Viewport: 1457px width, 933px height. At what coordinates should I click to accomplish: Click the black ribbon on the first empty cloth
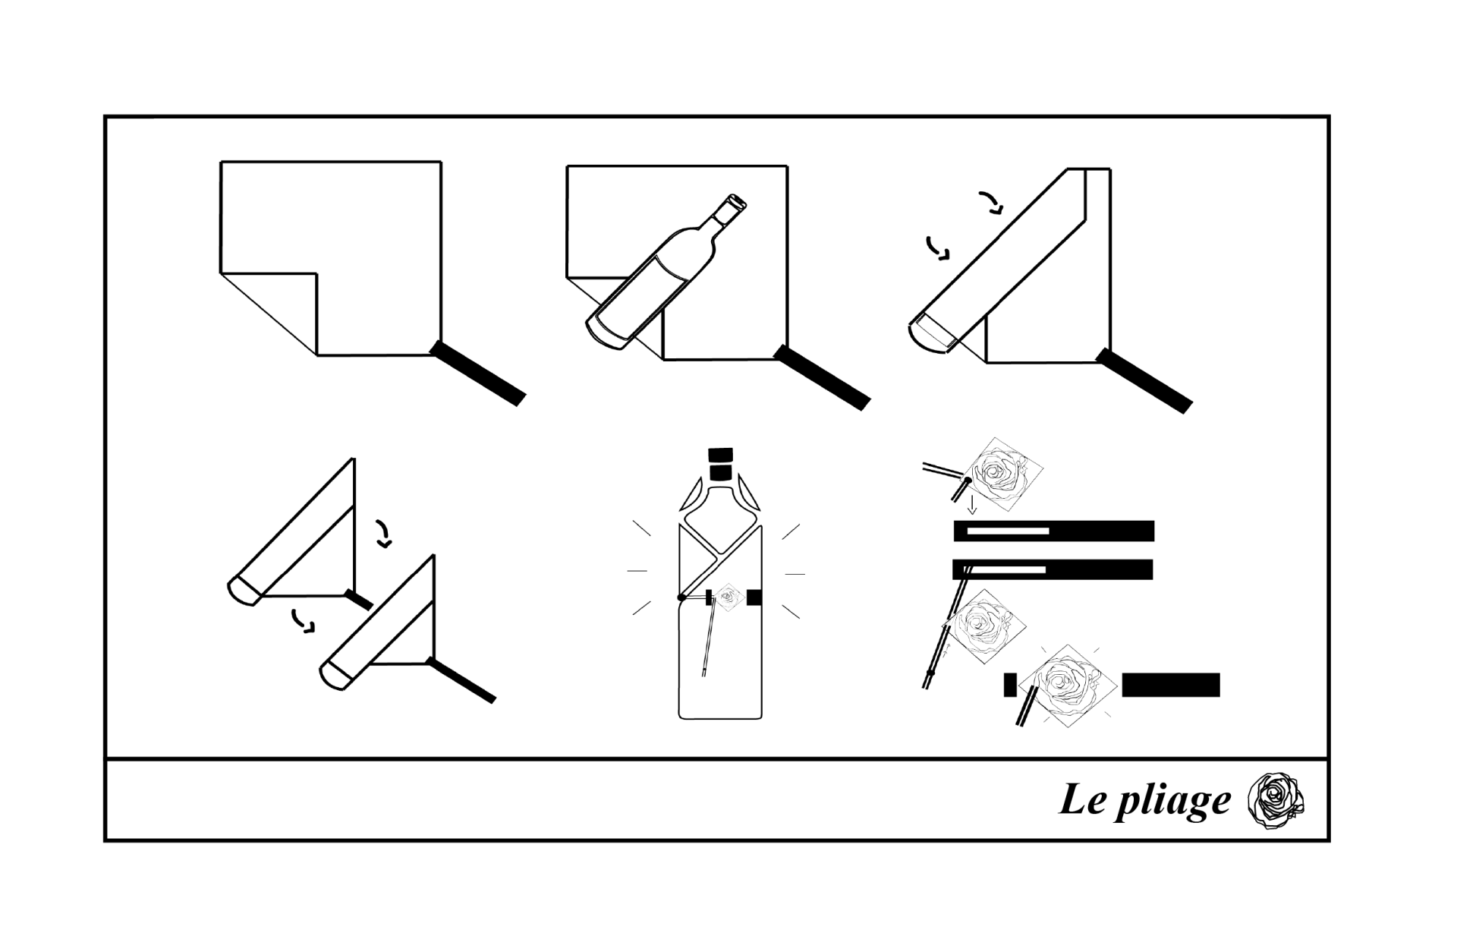pyautogui.click(x=478, y=373)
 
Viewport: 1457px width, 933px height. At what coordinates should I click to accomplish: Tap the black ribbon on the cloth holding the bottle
pyautogui.click(x=823, y=377)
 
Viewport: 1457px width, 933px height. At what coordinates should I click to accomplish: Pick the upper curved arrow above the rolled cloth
pyautogui.click(x=991, y=203)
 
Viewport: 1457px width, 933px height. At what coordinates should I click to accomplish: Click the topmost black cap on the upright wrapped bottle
pyautogui.click(x=720, y=455)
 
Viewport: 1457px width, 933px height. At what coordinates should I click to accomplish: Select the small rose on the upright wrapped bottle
pyautogui.click(x=728, y=597)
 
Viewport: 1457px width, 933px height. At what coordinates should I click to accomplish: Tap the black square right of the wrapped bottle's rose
pyautogui.click(x=754, y=597)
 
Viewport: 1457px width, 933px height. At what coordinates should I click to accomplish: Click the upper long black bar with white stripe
pyautogui.click(x=1054, y=531)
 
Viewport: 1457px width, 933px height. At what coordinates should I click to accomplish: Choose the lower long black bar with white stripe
pyautogui.click(x=1053, y=569)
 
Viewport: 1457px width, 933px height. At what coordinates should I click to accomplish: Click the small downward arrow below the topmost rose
pyautogui.click(x=972, y=505)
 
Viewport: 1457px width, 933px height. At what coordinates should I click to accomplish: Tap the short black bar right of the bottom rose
pyautogui.click(x=1171, y=685)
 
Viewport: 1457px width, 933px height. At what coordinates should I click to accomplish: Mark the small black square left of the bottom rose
pyautogui.click(x=1010, y=685)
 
